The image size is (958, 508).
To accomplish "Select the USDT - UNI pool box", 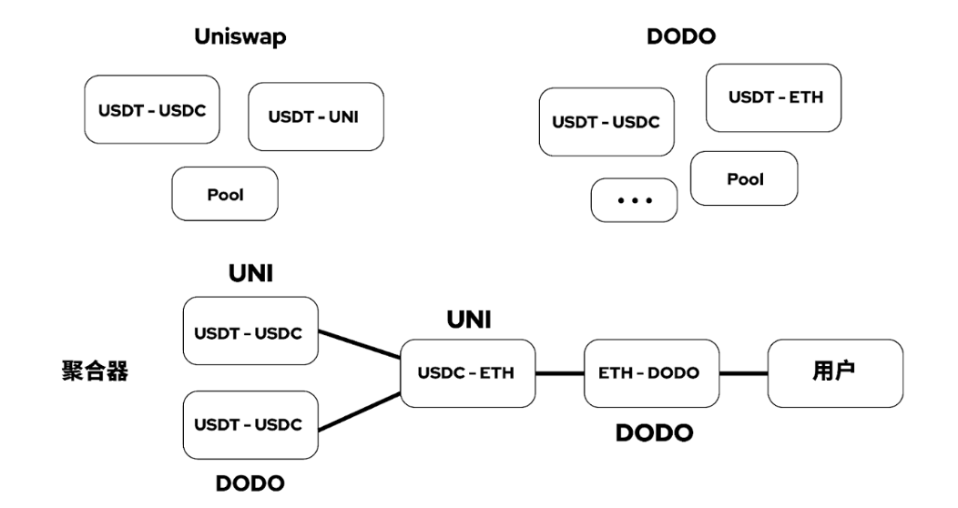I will click(x=315, y=117).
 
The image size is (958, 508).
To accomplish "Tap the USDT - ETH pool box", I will click(x=774, y=97).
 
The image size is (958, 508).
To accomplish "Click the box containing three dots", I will click(x=634, y=199).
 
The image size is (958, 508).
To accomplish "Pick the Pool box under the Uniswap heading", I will click(x=224, y=194).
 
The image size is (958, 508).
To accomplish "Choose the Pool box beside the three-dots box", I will click(x=744, y=178).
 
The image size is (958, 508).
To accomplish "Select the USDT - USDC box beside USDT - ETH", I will click(x=606, y=122).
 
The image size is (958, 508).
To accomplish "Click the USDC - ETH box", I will click(x=467, y=373).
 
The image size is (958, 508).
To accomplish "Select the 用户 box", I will click(x=835, y=373).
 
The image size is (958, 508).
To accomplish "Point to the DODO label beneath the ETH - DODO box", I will click(x=653, y=432).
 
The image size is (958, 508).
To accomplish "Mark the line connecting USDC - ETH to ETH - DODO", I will click(x=559, y=373).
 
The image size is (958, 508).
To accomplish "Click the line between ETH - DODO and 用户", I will click(x=744, y=373).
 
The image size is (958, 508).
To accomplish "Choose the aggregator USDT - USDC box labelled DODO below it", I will click(x=250, y=424).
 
